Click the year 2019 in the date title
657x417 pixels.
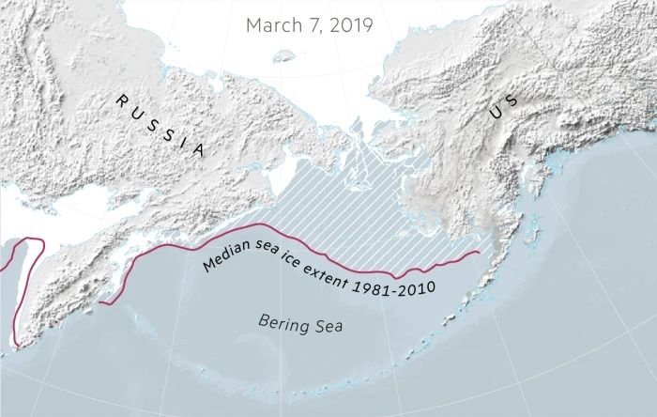pos(348,24)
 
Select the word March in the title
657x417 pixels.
pos(270,24)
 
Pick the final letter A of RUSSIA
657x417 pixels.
pos(198,149)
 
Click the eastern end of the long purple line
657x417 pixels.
pos(480,251)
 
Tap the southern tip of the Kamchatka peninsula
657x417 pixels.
pos(12,349)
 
